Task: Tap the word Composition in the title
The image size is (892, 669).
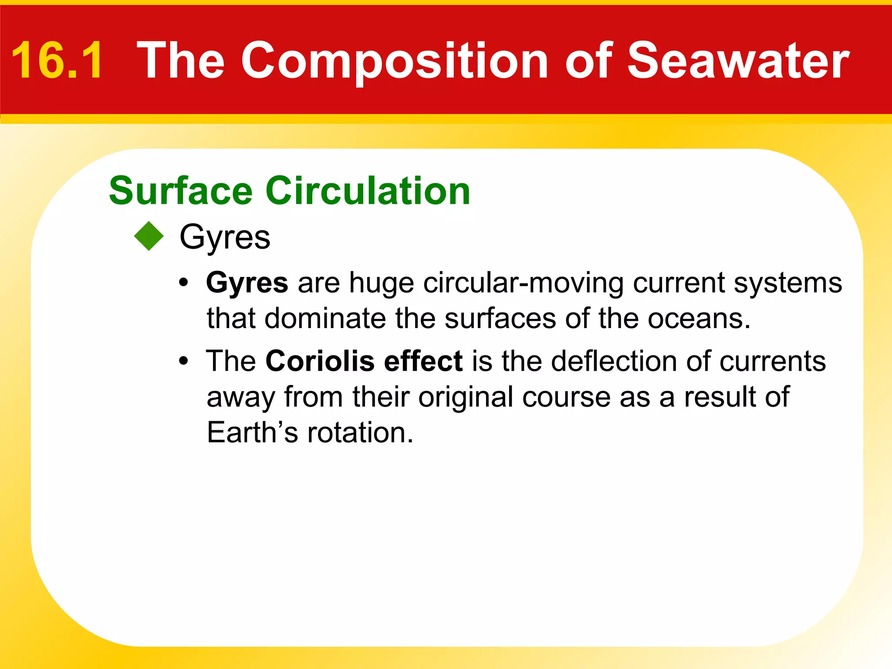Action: (394, 61)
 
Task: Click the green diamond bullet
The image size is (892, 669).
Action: (149, 236)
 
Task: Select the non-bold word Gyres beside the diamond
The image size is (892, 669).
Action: (225, 238)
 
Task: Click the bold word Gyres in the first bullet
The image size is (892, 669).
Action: (247, 283)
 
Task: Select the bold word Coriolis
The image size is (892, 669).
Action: (320, 361)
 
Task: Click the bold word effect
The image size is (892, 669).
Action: (423, 361)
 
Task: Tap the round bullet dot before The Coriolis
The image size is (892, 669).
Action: (184, 361)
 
